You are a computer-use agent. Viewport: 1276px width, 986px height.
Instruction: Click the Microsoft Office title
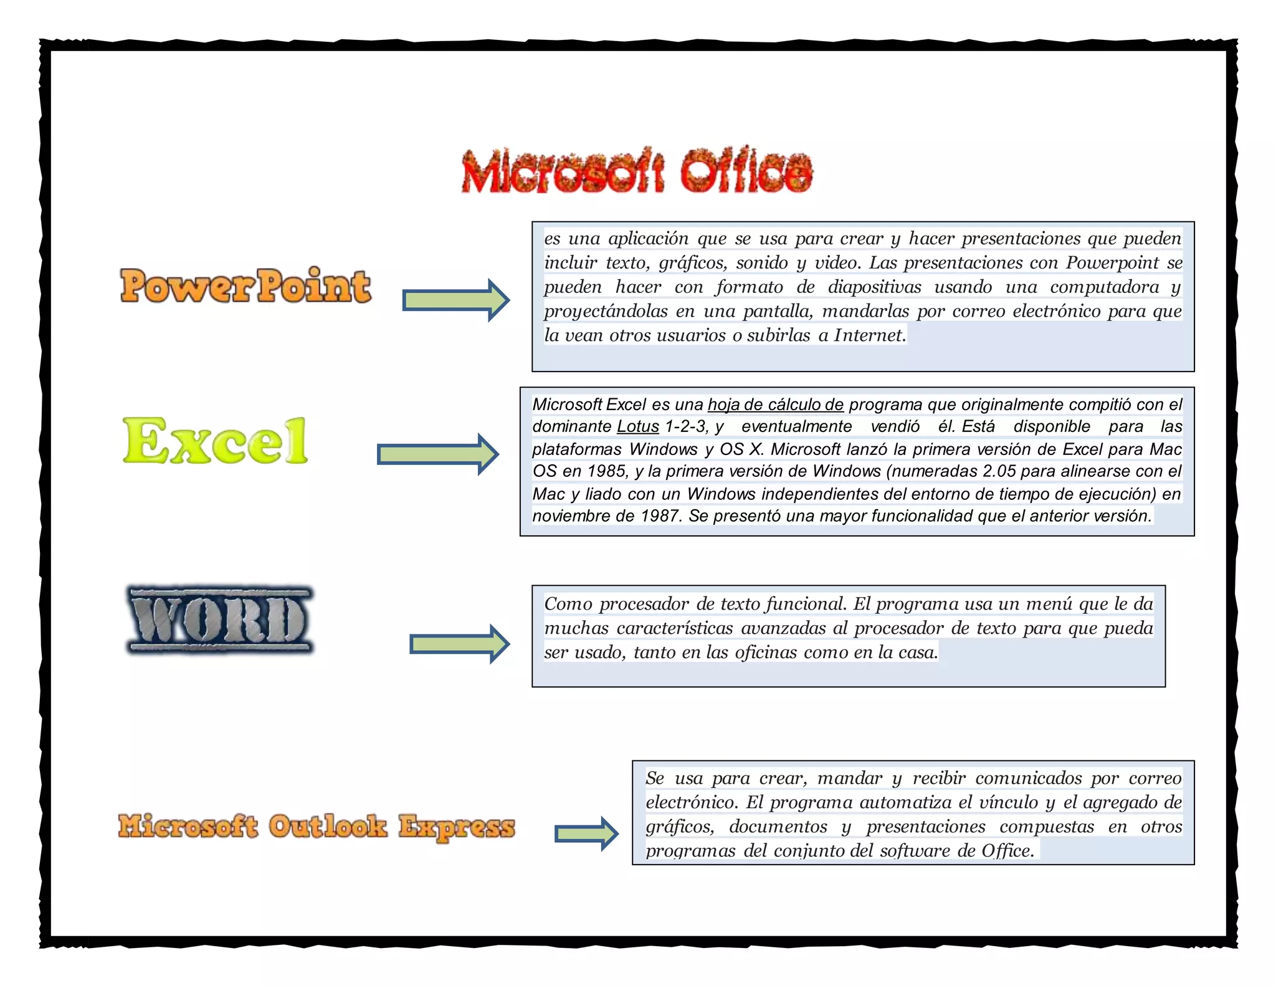click(x=637, y=171)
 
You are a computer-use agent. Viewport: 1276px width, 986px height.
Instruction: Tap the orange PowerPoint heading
click(x=245, y=287)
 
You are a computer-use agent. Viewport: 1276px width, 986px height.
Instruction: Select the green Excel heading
click(x=216, y=441)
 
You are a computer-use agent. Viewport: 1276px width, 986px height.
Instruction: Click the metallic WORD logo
click(x=220, y=620)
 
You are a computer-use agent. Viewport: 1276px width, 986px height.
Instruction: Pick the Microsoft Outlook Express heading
click(x=317, y=826)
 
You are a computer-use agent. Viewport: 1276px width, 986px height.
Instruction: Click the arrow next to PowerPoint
click(x=455, y=300)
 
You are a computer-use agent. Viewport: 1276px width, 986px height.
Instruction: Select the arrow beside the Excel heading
click(x=437, y=454)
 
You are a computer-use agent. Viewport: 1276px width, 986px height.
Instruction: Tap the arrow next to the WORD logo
click(x=459, y=644)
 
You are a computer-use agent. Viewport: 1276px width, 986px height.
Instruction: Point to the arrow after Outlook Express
click(x=586, y=833)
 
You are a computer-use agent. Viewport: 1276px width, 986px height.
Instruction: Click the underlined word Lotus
click(x=637, y=427)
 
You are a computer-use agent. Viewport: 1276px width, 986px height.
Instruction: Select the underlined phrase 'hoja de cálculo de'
click(x=775, y=404)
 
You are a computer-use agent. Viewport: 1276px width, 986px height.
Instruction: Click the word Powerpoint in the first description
click(x=1112, y=263)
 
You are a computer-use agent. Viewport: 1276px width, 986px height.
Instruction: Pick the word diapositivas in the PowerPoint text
click(x=874, y=287)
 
